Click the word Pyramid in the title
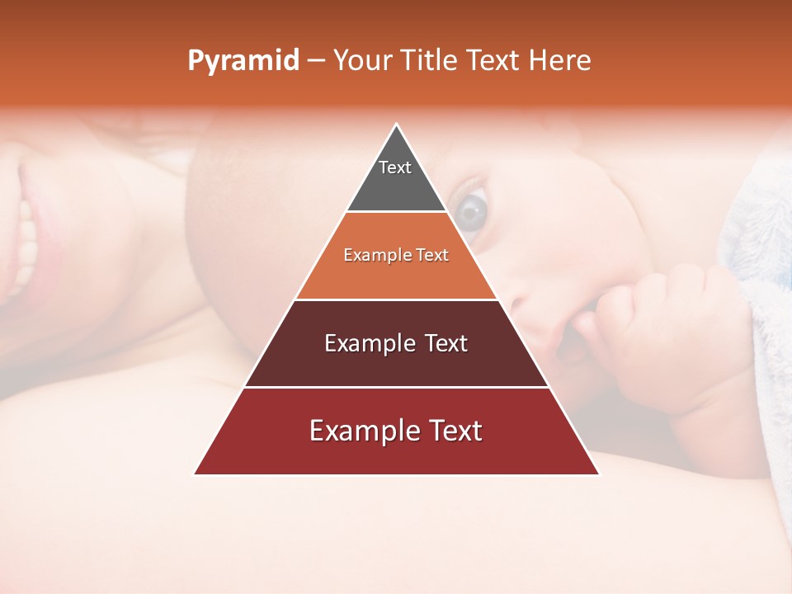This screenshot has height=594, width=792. point(243,61)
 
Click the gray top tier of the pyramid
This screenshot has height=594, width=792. point(396,186)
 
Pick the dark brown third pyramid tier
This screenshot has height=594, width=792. point(396,363)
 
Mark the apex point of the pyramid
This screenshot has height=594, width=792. point(397,125)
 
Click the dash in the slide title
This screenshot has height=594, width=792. point(316,61)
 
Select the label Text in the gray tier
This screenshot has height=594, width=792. point(395,167)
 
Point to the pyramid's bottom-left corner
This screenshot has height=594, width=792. point(195,474)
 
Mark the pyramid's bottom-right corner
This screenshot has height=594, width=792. point(598,474)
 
